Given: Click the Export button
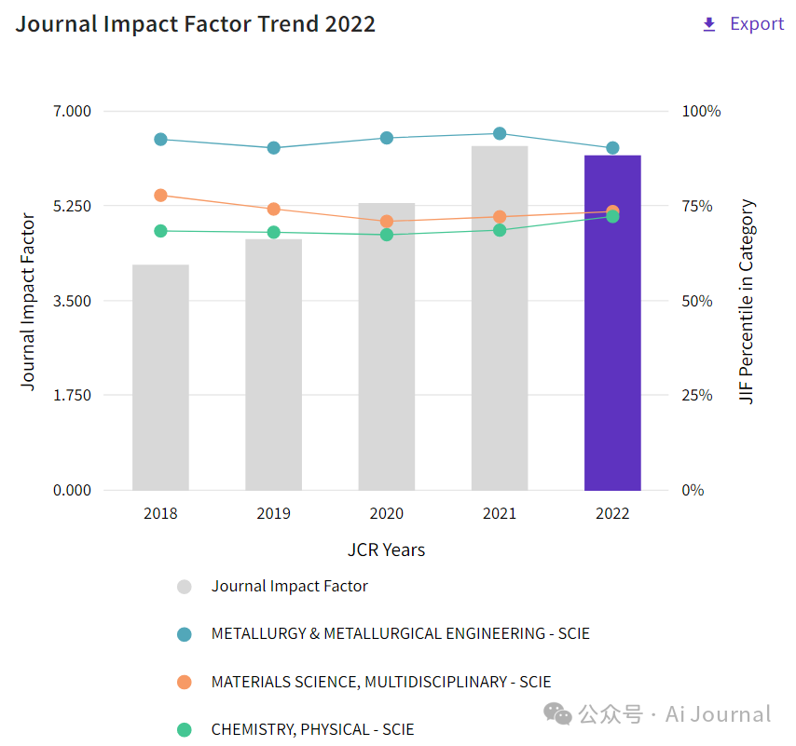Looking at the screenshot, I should tap(744, 24).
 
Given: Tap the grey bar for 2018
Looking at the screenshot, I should tap(160, 377).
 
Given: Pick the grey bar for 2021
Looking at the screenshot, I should tap(500, 318).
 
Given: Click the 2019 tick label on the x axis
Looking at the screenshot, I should tap(273, 513).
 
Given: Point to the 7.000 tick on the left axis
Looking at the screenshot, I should tap(72, 112).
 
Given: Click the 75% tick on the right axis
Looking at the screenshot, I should tap(702, 206).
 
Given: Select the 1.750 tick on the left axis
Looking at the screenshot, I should tap(72, 395).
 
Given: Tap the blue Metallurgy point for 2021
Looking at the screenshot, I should tap(500, 133).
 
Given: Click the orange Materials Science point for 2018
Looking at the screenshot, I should tap(160, 196).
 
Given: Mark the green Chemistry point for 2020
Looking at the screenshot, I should tap(387, 235).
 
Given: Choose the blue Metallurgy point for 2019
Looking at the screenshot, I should tap(274, 148).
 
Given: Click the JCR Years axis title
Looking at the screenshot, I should tap(386, 549).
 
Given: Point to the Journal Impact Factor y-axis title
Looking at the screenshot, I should tap(28, 301).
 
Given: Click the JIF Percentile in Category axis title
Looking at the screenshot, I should tap(747, 301).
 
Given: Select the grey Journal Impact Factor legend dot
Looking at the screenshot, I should tap(185, 587).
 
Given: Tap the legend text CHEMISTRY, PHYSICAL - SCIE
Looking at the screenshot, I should tap(312, 729).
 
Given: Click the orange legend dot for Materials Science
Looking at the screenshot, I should tap(185, 682).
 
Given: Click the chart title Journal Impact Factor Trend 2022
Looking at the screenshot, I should tap(196, 24).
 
